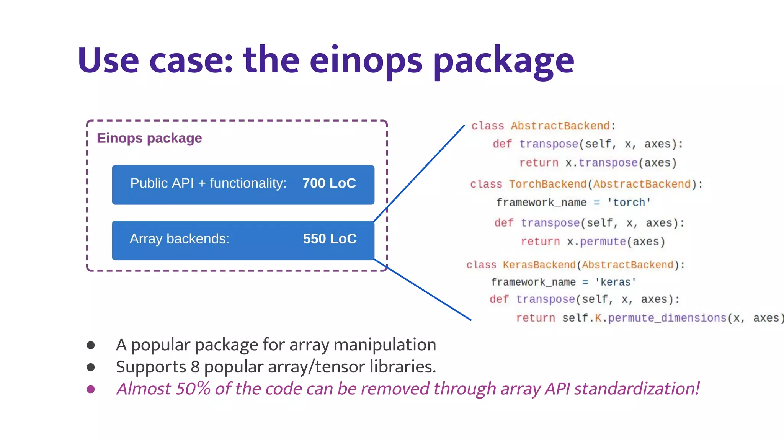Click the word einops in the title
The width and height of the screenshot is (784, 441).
366,61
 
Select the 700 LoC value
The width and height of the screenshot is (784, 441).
329,183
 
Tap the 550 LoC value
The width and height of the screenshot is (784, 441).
330,239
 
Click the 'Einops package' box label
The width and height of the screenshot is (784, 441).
149,138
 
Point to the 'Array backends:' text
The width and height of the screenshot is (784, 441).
180,239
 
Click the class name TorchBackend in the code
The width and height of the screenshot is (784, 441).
547,184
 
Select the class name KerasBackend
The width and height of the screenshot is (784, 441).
539,265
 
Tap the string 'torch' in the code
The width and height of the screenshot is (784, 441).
629,203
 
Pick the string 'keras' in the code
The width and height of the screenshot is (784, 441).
616,283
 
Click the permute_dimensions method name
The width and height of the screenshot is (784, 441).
667,318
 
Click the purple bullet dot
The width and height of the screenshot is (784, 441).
91,389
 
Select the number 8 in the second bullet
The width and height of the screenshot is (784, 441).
195,367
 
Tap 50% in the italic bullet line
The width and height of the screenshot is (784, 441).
193,389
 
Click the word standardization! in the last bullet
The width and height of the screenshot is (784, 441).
637,389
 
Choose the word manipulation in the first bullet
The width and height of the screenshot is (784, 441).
385,345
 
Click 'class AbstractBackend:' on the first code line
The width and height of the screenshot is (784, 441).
543,126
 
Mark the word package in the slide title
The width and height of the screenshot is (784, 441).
503,61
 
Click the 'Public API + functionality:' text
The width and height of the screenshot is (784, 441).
208,183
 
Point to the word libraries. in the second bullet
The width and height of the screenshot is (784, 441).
403,367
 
